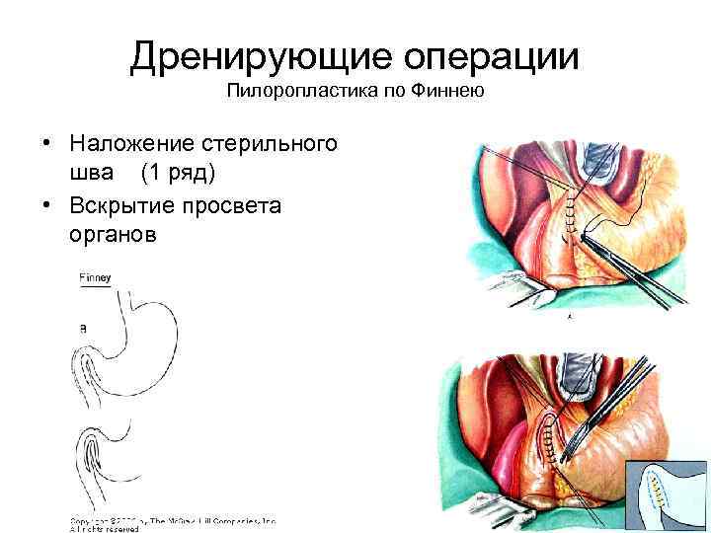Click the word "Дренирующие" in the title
(x=253, y=57)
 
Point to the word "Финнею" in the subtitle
(x=451, y=93)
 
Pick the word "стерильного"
(x=276, y=144)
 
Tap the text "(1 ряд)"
(x=178, y=174)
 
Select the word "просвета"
(x=237, y=205)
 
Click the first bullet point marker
(x=46, y=145)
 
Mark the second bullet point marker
(x=46, y=206)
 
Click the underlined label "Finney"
(x=95, y=279)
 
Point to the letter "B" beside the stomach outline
(x=83, y=326)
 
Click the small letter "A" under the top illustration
(x=569, y=318)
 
